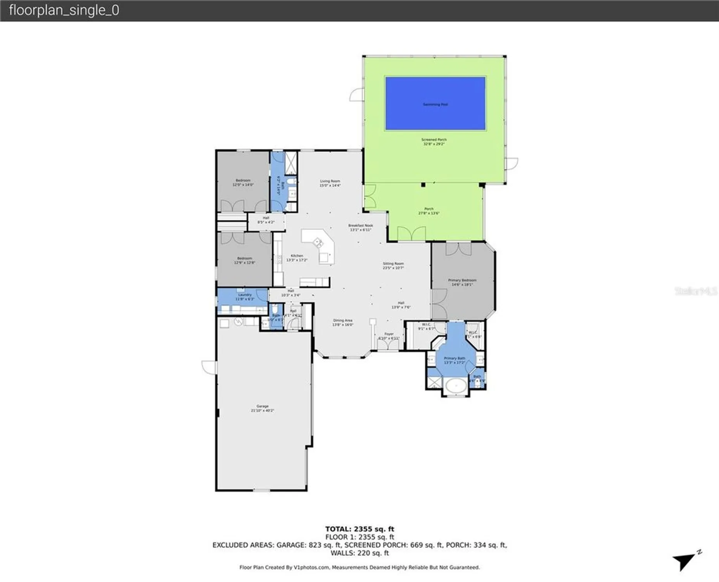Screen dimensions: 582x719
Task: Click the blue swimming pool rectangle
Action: pyautogui.click(x=435, y=103)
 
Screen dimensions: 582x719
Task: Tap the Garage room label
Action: pyautogui.click(x=263, y=408)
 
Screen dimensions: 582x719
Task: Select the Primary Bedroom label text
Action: pyautogui.click(x=462, y=282)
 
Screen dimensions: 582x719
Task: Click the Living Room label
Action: pyautogui.click(x=330, y=183)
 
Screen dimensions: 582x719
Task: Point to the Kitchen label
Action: pyautogui.click(x=297, y=258)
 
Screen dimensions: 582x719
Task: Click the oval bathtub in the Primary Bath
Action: pyautogui.click(x=456, y=386)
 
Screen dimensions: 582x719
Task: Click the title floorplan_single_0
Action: pyautogui.click(x=64, y=10)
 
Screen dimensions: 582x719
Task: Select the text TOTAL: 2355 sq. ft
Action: pyautogui.click(x=359, y=529)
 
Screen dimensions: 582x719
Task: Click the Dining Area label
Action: pyautogui.click(x=342, y=322)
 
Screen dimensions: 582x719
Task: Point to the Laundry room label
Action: pyautogui.click(x=245, y=297)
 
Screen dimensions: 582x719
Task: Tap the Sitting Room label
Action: pyautogui.click(x=393, y=265)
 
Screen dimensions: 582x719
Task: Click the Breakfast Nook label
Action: pyautogui.click(x=360, y=227)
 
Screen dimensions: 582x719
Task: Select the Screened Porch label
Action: pyautogui.click(x=434, y=142)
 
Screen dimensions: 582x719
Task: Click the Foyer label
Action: pyautogui.click(x=389, y=336)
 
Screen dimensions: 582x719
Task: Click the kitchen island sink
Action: pyautogui.click(x=318, y=243)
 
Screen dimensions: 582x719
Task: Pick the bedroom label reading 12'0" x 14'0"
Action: pyautogui.click(x=243, y=182)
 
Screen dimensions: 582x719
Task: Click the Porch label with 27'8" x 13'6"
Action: pyautogui.click(x=429, y=211)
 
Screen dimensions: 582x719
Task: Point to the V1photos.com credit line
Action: pyautogui.click(x=359, y=567)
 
